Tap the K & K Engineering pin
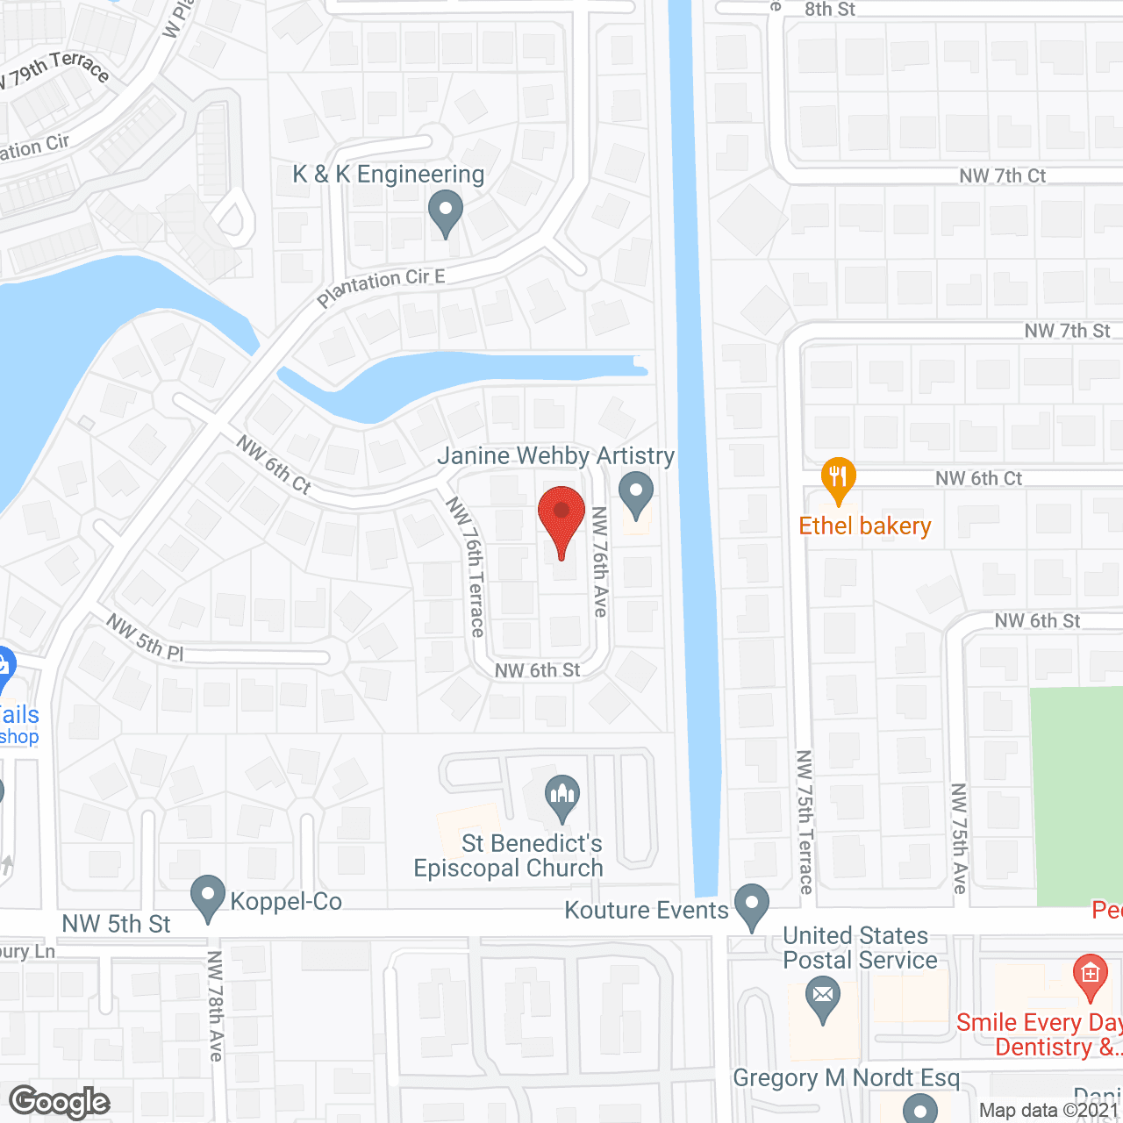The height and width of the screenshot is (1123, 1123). (446, 213)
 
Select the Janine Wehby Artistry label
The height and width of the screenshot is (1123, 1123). (555, 456)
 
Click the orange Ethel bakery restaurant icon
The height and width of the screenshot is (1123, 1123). (839, 478)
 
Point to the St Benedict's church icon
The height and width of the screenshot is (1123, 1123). (561, 798)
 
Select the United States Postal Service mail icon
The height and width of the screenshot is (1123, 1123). (822, 998)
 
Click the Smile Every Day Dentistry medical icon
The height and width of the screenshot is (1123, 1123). (1090, 976)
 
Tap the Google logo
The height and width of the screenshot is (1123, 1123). (60, 1102)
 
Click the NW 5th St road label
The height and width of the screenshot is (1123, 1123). (116, 924)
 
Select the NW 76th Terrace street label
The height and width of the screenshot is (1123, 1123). (466, 566)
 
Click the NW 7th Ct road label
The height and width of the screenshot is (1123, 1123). (1002, 176)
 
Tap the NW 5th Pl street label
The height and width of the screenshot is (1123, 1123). (145, 637)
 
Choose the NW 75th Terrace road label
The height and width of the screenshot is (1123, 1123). (805, 821)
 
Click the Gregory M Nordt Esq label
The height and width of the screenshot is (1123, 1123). (846, 1078)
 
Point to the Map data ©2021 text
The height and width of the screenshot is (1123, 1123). (1049, 1111)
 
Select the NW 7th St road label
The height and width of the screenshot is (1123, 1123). (1067, 332)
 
